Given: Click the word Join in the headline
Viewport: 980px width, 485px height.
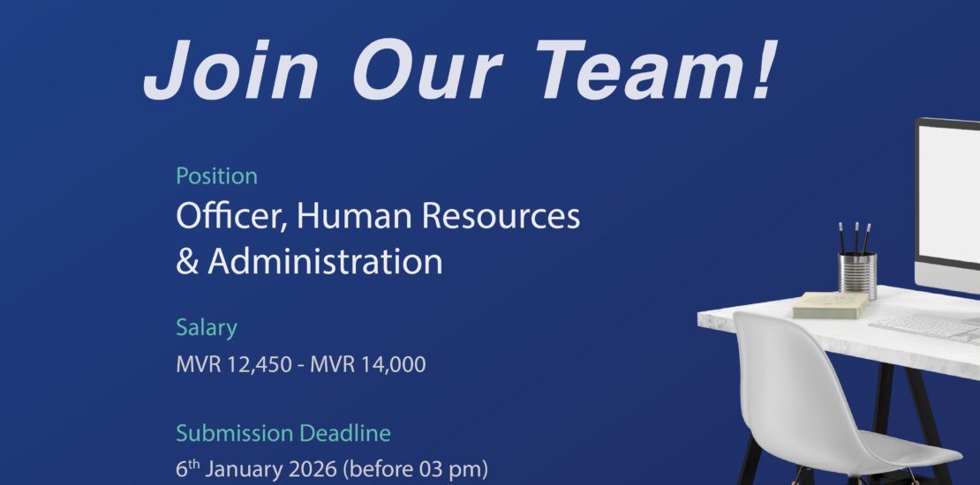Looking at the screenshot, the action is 231,70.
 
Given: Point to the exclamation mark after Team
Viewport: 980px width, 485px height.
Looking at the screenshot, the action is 765,70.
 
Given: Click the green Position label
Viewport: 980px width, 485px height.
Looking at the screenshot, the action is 217,176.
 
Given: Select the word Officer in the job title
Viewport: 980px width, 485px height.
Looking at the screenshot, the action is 232,217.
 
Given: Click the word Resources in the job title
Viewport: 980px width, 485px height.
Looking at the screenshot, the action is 501,216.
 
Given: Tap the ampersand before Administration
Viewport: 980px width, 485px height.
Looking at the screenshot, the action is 187,262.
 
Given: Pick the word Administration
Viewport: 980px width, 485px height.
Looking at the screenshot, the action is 325,261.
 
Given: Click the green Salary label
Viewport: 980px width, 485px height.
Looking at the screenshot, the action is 207,328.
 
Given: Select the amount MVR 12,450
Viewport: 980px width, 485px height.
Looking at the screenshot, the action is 234,364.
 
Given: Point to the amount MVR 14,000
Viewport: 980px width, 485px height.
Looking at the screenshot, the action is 367,364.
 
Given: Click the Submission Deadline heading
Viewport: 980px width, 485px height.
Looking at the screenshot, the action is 283,433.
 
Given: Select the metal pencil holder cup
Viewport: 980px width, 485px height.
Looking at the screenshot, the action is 857,274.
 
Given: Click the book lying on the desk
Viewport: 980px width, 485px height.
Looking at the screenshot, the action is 831,305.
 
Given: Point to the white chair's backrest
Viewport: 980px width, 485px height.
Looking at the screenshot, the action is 794,375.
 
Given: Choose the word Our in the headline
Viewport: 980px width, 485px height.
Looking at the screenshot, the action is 428,70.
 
